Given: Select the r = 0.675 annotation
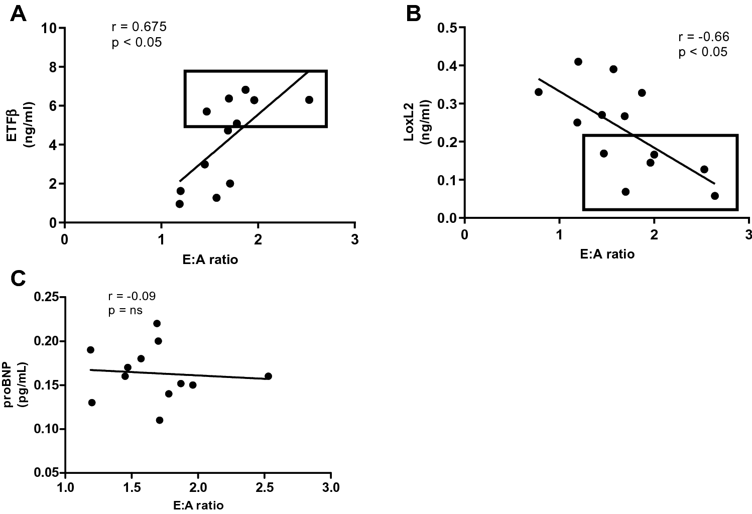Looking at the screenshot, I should point(139,27).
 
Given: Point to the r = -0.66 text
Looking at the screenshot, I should point(703,37).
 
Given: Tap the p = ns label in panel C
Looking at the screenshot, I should point(125,311).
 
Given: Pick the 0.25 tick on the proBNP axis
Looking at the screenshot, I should point(46,297).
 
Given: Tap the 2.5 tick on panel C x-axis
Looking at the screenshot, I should point(264,488).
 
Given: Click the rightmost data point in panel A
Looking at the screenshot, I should point(309,100).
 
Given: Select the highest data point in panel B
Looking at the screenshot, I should point(578,62).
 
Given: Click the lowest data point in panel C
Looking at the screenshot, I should point(160,420).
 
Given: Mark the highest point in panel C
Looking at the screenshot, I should point(157,323).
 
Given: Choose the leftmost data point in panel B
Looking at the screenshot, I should point(539,92).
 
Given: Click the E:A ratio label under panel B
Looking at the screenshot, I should point(606,254).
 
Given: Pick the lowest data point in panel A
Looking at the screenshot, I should point(179,204).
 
